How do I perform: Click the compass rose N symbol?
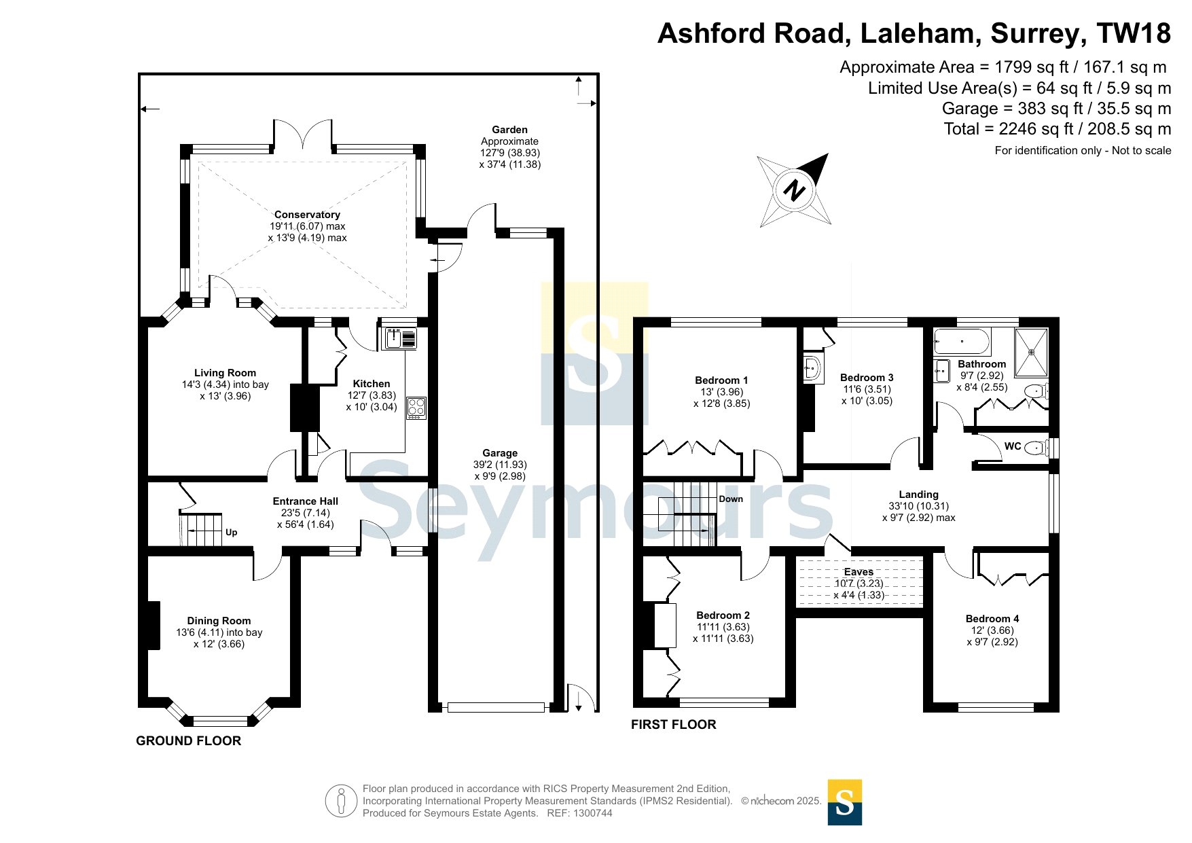pos(794,190)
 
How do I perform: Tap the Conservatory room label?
pos(307,215)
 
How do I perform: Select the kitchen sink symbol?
pos(401,338)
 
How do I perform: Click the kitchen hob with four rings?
pos(416,408)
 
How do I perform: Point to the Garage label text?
pos(500,453)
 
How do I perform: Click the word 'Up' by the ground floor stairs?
pos(231,533)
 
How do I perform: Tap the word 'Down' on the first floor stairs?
pos(731,499)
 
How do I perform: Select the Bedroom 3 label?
pos(867,378)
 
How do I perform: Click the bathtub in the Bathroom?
pos(962,341)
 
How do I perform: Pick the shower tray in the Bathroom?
pos(1031,352)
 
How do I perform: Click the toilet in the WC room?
pos(1035,448)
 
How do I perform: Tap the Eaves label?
pos(859,572)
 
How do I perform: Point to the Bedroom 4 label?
pos(992,619)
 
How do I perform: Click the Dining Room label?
pos(219,621)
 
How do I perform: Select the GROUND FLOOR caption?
pos(189,741)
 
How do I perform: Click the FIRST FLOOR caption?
pos(673,725)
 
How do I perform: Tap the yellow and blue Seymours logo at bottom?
pos(844,802)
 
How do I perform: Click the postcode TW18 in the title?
pos(1134,33)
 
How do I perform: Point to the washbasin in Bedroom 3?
pos(812,369)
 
